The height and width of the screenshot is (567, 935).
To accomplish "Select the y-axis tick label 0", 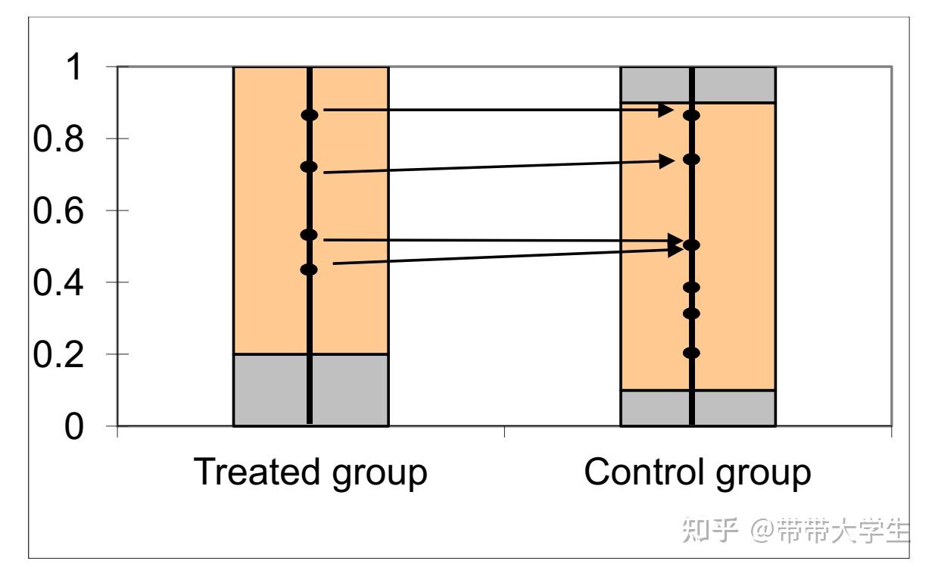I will pyautogui.click(x=73, y=428).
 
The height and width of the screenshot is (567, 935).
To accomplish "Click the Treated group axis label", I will pyautogui.click(x=310, y=472).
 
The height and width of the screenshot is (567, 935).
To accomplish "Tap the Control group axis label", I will pyautogui.click(x=697, y=472).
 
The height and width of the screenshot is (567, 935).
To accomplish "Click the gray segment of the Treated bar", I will pyautogui.click(x=273, y=390).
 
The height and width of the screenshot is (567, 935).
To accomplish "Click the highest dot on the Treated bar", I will pyautogui.click(x=310, y=115).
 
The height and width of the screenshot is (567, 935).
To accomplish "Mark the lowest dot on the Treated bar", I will pyautogui.click(x=309, y=269).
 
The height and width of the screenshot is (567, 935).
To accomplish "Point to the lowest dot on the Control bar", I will pyautogui.click(x=691, y=353).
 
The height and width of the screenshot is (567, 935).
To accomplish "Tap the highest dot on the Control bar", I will pyautogui.click(x=691, y=115).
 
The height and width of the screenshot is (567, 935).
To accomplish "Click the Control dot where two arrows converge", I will pyautogui.click(x=691, y=245).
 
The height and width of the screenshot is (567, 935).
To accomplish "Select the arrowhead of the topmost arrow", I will pyautogui.click(x=665, y=111).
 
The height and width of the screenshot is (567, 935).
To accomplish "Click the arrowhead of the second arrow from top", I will pyautogui.click(x=667, y=160).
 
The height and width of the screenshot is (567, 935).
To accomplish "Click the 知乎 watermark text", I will pyautogui.click(x=709, y=530).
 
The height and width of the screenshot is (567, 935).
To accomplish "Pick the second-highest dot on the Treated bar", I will pyautogui.click(x=309, y=167).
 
